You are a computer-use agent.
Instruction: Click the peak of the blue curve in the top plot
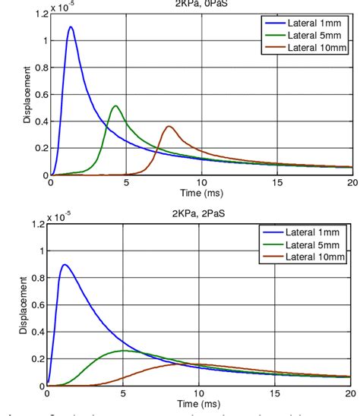point(71,27)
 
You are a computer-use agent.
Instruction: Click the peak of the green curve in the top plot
point(115,106)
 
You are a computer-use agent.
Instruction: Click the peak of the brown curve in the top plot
point(169,126)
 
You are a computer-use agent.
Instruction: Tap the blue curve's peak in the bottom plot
point(65,265)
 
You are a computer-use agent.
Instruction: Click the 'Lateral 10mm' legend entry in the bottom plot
point(304,257)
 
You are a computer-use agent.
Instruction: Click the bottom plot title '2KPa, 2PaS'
point(200,214)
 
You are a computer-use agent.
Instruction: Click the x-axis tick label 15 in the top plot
point(276,183)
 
